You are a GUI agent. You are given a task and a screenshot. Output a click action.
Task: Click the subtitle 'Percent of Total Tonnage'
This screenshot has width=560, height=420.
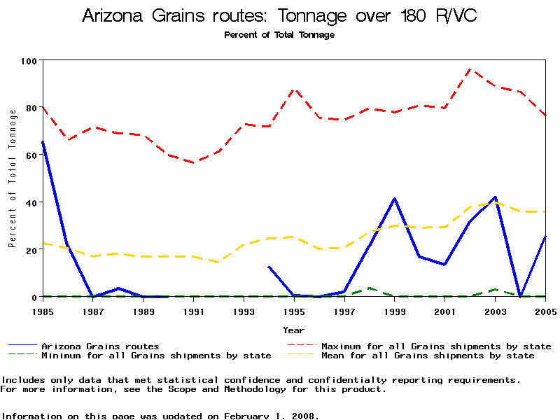click(x=279, y=35)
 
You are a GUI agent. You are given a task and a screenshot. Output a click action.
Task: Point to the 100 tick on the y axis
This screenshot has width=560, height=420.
click(x=28, y=61)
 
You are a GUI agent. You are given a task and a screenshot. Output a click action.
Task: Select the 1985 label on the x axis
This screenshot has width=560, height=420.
click(x=43, y=311)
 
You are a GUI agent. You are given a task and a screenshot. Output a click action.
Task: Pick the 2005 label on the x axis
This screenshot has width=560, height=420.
click(x=545, y=311)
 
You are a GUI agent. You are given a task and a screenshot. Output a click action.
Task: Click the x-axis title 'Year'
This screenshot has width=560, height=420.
click(x=294, y=330)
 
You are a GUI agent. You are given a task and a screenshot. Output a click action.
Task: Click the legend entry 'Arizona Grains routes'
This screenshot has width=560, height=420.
click(x=100, y=346)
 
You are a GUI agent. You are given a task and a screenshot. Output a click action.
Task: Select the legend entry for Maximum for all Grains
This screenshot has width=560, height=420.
click(x=436, y=346)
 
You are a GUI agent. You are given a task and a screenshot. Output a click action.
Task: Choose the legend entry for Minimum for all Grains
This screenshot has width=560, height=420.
click(x=156, y=356)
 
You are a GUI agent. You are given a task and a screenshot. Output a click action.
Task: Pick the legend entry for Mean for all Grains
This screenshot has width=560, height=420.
click(x=428, y=356)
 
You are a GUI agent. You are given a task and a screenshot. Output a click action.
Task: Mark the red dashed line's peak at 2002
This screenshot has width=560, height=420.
click(x=470, y=69)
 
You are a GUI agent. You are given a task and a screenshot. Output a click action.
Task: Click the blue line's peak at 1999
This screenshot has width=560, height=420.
click(x=395, y=199)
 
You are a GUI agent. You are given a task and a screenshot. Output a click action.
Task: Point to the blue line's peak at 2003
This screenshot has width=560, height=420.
click(x=495, y=197)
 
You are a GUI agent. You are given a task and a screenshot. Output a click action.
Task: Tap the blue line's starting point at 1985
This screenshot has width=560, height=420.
click(x=43, y=142)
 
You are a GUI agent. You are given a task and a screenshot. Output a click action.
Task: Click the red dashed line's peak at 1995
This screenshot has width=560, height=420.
click(x=295, y=90)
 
